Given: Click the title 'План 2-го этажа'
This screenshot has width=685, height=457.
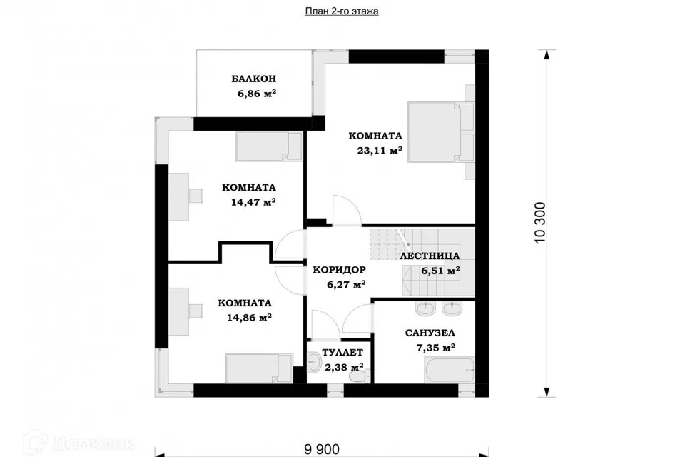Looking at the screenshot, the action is coord(342,11).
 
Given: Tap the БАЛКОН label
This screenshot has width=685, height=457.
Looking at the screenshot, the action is coord(254,79).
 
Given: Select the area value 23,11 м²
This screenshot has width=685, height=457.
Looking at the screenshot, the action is coord(380,151).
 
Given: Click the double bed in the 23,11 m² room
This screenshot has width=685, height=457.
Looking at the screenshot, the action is coord(441,132).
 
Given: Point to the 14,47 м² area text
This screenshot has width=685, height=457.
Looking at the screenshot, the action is coord(253,202).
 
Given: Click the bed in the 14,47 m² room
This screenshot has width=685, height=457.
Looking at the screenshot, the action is coord(269,146).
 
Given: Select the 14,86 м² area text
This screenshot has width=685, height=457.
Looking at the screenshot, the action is coord(250,318).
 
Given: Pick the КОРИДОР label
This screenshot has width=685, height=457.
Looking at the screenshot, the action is coord(339,270).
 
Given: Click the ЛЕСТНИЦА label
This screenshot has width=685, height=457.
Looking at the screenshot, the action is coord(430,256).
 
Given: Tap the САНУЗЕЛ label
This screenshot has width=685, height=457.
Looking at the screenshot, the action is coord(430,333).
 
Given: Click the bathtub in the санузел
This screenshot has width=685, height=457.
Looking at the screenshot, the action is coord(450,371).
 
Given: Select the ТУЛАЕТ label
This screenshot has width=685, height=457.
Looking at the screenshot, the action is coord(342,353).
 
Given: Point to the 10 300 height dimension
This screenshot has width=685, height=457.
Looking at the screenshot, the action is coord(540,223).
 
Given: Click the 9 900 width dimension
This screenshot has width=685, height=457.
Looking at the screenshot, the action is coord(321,449).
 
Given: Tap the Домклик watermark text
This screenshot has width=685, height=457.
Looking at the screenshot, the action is coord(93,443).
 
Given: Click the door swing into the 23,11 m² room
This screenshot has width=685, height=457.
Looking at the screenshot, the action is coord(347,210).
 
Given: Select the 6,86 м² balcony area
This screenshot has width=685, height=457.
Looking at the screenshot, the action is coord(257,93).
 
